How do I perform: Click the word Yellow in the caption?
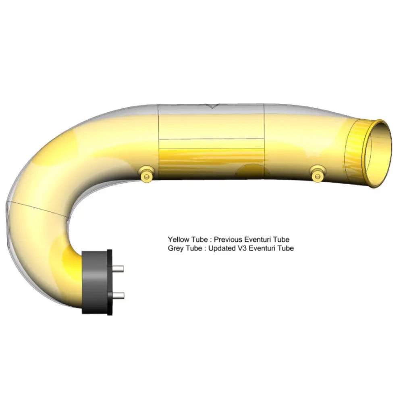click(177, 239)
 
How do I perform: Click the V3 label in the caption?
click(242, 248)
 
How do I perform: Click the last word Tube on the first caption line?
click(282, 239)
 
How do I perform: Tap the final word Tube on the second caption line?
click(286, 248)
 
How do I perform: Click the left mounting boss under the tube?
click(145, 175)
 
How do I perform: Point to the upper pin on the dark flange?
click(118, 269)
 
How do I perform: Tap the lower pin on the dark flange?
click(118, 296)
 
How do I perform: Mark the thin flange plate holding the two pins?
click(110, 282)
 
